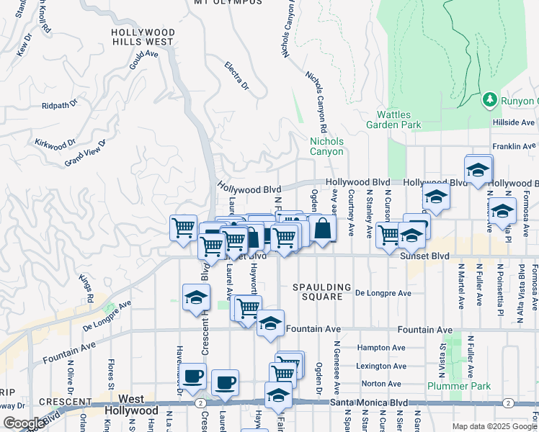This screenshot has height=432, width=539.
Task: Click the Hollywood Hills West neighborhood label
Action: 142,37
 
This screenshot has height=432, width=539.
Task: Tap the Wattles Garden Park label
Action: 398,120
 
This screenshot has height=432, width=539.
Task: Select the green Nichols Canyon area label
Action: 326,146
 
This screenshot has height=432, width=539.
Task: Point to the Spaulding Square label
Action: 321,292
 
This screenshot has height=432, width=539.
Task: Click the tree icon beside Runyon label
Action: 490,98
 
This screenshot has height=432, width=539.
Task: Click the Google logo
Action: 24,423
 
